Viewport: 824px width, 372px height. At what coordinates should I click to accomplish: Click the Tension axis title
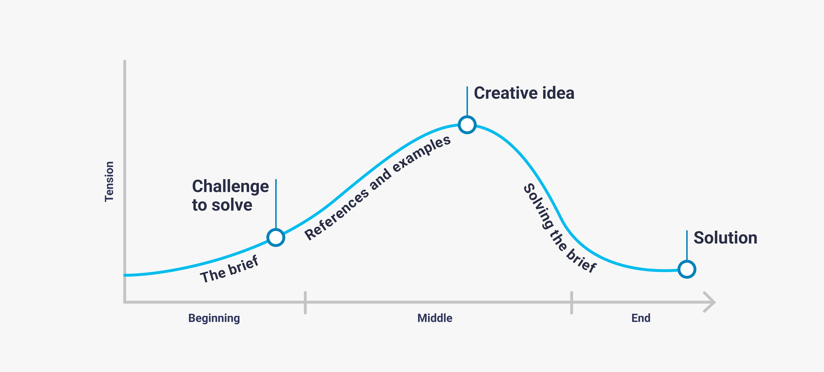pos(109,181)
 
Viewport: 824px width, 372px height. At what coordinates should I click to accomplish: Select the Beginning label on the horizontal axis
pos(214,318)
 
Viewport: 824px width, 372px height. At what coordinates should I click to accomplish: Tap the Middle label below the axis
pos(435,318)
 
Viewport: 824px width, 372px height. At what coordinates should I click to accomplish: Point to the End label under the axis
pos(641,318)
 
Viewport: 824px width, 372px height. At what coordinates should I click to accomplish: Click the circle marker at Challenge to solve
pos(276,237)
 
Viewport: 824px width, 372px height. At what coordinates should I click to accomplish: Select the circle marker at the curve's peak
pos(467,125)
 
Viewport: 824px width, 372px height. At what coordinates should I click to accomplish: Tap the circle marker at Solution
pos(687,269)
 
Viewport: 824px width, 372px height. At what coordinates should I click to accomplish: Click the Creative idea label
pos(524,93)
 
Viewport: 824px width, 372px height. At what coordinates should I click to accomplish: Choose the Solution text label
pos(725,238)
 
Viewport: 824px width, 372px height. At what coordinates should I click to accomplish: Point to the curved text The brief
pos(229,269)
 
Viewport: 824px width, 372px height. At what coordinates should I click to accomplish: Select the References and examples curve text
pos(377,188)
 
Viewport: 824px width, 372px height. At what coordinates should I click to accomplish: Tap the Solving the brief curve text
pos(560,228)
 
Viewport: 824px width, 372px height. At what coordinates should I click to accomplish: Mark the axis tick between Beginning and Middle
pos(305,302)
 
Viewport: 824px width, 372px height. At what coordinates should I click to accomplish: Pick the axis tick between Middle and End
pos(571,302)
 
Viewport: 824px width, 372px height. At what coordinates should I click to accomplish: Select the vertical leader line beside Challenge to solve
pos(276,204)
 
